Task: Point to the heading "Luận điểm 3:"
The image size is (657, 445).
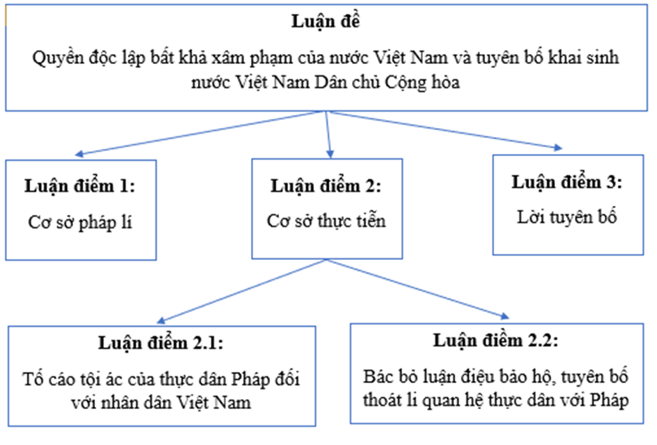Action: click(x=566, y=183)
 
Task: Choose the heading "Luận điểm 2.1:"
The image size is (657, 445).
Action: click(x=162, y=344)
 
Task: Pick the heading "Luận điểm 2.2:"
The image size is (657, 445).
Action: click(x=495, y=342)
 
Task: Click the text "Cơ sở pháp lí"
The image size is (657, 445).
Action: click(x=79, y=222)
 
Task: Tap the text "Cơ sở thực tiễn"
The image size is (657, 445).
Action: click(x=326, y=221)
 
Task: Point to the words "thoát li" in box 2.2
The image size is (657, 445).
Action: click(x=388, y=399)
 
